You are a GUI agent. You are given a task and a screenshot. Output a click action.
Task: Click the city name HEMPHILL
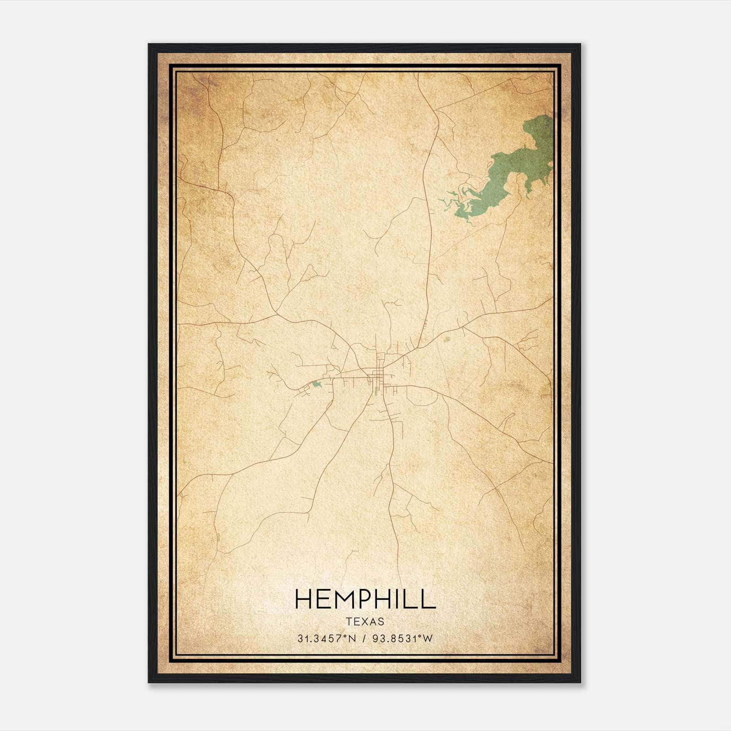point(365,599)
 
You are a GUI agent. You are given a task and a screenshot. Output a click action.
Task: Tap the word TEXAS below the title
point(365,622)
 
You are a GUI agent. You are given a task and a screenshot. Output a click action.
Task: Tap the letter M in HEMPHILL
point(338,599)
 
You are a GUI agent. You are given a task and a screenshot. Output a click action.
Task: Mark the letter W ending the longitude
point(428,639)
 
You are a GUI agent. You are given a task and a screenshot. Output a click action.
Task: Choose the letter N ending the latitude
point(351,639)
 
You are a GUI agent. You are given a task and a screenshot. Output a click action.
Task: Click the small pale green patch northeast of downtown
point(447,339)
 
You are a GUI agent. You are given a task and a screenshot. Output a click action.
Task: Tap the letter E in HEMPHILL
point(321,599)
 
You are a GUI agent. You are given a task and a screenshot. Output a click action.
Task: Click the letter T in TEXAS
point(349,622)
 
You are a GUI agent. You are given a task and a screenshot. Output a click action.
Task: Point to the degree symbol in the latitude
point(345,636)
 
